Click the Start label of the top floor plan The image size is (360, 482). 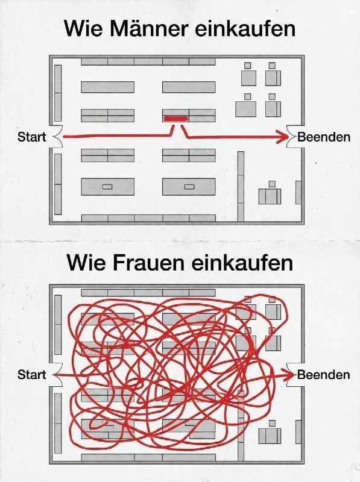coord(32,137)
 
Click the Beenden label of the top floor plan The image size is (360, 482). coord(324,137)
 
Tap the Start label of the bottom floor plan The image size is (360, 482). coord(32,375)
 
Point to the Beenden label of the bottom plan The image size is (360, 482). coord(324,375)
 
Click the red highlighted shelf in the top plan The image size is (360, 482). coord(175,119)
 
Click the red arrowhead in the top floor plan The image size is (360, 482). coord(282,137)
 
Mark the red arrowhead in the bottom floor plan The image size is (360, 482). coord(289,375)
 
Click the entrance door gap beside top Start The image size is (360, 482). coord(56,137)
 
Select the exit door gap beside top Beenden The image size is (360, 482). coord(292,137)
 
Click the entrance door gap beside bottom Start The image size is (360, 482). coord(56,375)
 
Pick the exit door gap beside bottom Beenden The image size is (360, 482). coord(292,375)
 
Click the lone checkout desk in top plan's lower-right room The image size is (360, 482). coord(270,196)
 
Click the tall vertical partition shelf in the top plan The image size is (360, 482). coord(241,186)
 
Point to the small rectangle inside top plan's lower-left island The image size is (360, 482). coord(107,187)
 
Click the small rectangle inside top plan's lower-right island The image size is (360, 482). coord(189,187)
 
